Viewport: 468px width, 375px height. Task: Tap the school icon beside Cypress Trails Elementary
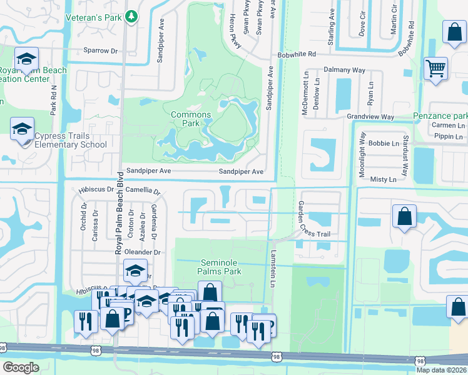(22, 130)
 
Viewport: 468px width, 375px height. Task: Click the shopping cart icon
(435, 68)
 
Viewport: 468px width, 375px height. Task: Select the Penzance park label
(440, 116)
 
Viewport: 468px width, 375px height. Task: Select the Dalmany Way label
(343, 71)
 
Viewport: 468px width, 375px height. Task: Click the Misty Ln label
(384, 179)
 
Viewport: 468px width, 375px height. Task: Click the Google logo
(21, 367)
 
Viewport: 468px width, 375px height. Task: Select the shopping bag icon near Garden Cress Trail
(404, 216)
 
